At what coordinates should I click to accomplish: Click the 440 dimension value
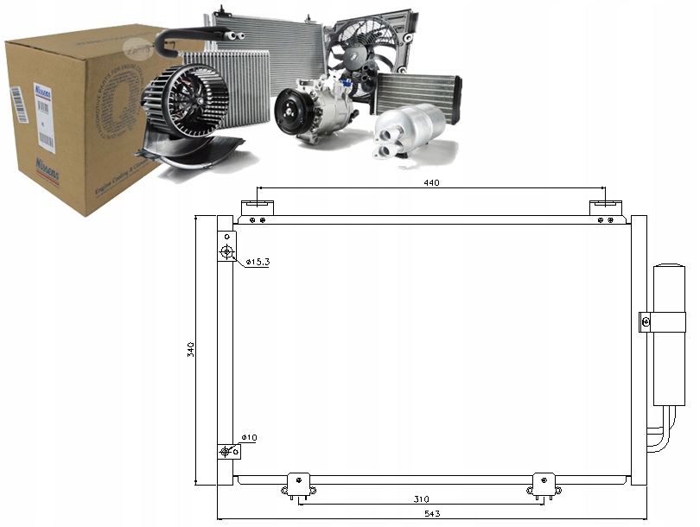pos(431,181)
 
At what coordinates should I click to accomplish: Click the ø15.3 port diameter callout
pos(257,261)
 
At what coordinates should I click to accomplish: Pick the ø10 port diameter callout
pos(249,438)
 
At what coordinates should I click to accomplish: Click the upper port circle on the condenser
pos(226,251)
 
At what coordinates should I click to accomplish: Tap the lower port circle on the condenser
pos(226,452)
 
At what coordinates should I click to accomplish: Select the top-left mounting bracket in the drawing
pos(258,208)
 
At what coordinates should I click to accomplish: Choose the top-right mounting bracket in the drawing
pos(605,208)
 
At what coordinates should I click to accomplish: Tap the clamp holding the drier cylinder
pos(645,321)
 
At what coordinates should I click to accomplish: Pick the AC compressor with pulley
pos(315,110)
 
